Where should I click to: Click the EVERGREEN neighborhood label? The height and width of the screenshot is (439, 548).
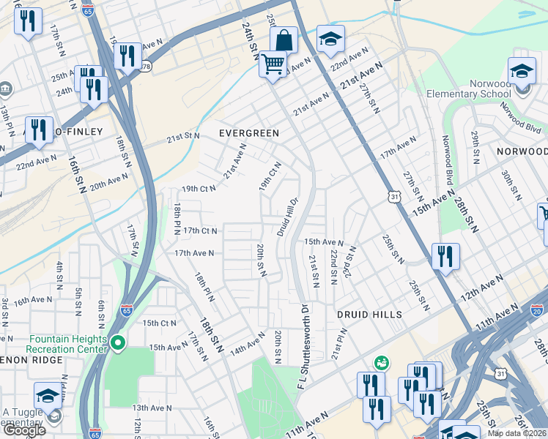pos(250,133)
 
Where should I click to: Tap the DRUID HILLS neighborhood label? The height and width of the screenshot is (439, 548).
pos(370,314)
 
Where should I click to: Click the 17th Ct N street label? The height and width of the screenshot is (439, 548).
pos(201,230)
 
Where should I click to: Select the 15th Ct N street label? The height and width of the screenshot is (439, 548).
pos(160,323)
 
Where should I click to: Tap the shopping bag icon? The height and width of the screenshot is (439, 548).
pos(284,40)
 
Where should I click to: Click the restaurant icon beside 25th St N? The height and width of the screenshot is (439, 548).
pos(445,256)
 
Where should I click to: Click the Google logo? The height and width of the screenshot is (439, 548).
pos(23,430)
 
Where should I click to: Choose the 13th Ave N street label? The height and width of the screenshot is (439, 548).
pos(152,408)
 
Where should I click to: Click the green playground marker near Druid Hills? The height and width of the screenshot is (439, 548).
pos(381,362)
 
